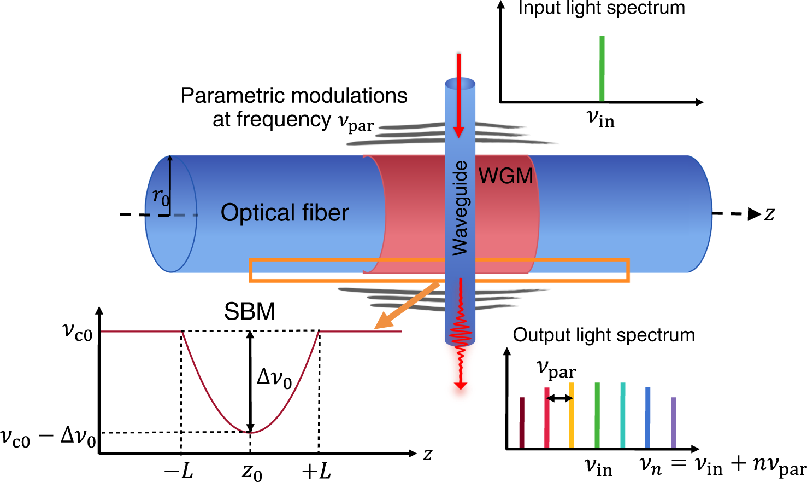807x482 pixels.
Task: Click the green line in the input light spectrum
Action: pos(602,68)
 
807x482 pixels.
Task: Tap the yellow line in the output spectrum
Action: pos(572,415)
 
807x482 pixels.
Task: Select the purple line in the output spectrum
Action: pos(674,422)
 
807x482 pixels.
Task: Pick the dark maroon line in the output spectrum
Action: pos(522,422)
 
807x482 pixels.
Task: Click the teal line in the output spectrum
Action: pos(623,415)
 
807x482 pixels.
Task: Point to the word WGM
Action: pos(505,176)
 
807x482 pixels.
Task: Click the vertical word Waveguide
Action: pos(460,208)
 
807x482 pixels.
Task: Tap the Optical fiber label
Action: pos(285,213)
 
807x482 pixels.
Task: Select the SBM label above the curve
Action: pos(250,312)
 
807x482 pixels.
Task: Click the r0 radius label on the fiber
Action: pos(161,196)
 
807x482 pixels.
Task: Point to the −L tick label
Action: pos(179,471)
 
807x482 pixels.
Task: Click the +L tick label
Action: pos(316,471)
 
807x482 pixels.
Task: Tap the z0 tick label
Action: pos(251,472)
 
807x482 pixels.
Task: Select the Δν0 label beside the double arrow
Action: pos(274,378)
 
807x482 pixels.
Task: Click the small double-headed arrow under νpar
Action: pos(559,398)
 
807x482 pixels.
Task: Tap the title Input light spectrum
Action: pos(601,8)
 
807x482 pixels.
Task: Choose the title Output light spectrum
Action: pos(604,335)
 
